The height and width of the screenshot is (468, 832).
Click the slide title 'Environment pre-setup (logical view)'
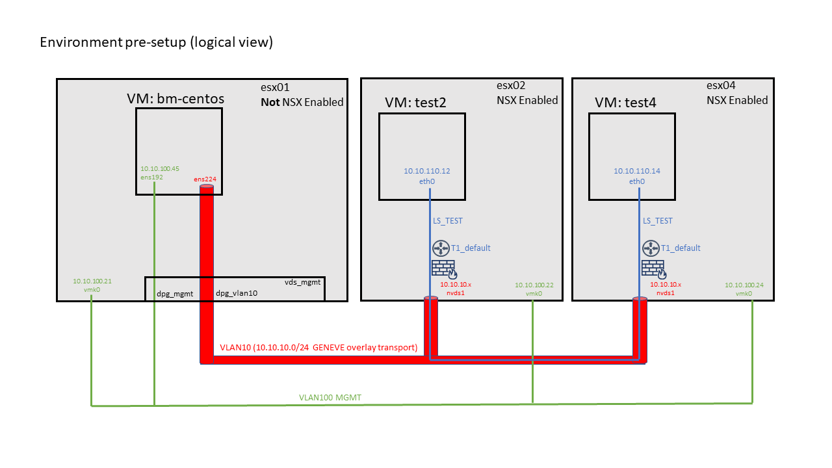[x=157, y=42]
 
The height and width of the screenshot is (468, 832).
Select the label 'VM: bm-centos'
[x=175, y=99]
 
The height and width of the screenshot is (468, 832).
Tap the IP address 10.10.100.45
[x=160, y=168]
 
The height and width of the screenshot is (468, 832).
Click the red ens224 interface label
[x=205, y=179]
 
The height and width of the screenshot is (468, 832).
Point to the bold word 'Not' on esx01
[x=270, y=102]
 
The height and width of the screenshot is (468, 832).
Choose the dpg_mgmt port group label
[x=175, y=294]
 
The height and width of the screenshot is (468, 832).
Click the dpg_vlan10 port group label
[x=237, y=293]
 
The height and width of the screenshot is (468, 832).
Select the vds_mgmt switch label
[x=302, y=282]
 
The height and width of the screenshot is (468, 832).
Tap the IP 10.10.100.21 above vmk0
[x=92, y=281]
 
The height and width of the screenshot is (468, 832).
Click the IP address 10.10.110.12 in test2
[x=427, y=171]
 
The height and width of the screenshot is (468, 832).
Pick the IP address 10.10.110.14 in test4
[x=636, y=171]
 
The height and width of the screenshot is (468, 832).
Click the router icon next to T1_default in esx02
[x=441, y=248]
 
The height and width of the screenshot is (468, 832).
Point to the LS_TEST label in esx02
[x=448, y=221]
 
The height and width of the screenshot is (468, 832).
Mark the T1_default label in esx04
[x=681, y=248]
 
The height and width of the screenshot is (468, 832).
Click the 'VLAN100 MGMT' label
[x=330, y=397]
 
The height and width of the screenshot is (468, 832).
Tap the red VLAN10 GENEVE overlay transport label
[x=318, y=347]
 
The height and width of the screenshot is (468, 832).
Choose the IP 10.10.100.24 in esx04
[x=744, y=285]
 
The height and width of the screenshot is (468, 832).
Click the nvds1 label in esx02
[x=456, y=293]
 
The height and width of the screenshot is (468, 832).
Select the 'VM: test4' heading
[x=625, y=103]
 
